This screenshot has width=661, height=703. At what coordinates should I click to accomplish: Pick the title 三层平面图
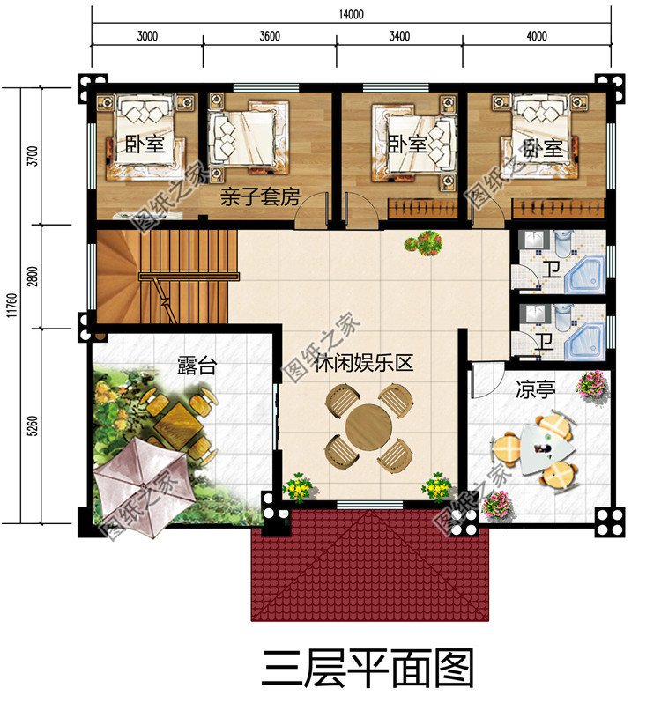[368, 667]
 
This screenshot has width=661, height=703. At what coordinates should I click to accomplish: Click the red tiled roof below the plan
[370, 564]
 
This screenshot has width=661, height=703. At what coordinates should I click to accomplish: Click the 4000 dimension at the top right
[536, 36]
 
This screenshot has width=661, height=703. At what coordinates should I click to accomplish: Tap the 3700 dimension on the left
[33, 157]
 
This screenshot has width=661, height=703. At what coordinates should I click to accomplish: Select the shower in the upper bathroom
[583, 274]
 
